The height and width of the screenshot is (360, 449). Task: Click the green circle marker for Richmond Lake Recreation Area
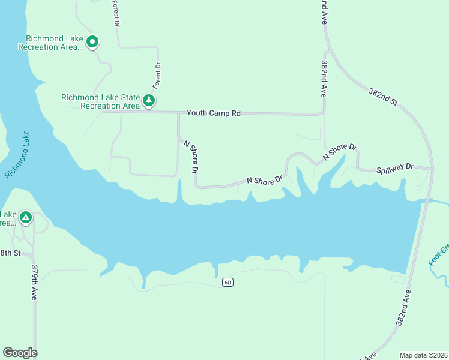coord(92,42)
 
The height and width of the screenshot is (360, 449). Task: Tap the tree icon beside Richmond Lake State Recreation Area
coord(149,100)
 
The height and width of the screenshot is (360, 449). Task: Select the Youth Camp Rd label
coord(213,113)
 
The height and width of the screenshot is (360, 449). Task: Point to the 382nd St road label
coord(382,95)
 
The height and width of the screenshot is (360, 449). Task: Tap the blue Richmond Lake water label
coord(18,154)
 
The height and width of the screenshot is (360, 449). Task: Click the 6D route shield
coord(227,282)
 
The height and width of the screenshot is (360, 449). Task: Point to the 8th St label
coord(10,253)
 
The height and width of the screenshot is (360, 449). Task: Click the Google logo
coord(20,353)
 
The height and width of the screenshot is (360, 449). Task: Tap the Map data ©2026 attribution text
coord(424,355)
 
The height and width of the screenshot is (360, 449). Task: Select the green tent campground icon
coord(25,217)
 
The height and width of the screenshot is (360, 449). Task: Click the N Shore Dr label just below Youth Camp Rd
coord(191,157)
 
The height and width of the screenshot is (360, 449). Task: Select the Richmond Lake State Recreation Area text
coord(101,101)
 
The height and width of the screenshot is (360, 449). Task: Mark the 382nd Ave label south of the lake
coord(403,308)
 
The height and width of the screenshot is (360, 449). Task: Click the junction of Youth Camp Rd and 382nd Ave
coord(324,113)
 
